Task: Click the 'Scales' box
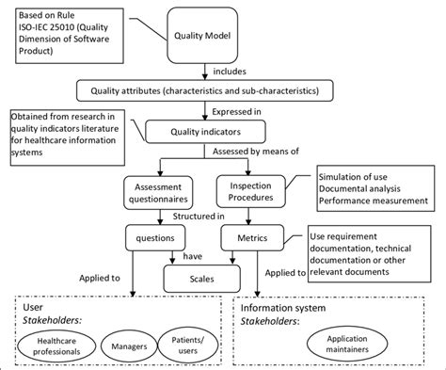[200, 279]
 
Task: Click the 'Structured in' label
[202, 216]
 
